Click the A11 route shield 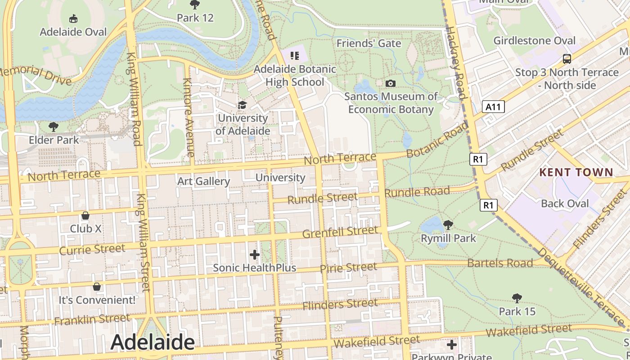[x=493, y=107]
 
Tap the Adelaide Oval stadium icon [x=73, y=18]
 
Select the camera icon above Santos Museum [x=391, y=83]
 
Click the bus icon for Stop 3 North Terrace [x=567, y=58]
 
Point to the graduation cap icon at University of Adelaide [x=243, y=105]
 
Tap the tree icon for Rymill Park [x=448, y=225]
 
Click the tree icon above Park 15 [x=517, y=298]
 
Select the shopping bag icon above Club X [x=85, y=216]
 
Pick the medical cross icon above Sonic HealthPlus [x=255, y=255]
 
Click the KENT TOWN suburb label [x=576, y=172]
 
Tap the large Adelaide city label [x=153, y=342]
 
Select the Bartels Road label [x=500, y=263]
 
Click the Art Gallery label [x=203, y=181]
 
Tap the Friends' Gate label [x=369, y=44]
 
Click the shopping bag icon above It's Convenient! [x=97, y=287]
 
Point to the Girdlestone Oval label [x=534, y=40]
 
